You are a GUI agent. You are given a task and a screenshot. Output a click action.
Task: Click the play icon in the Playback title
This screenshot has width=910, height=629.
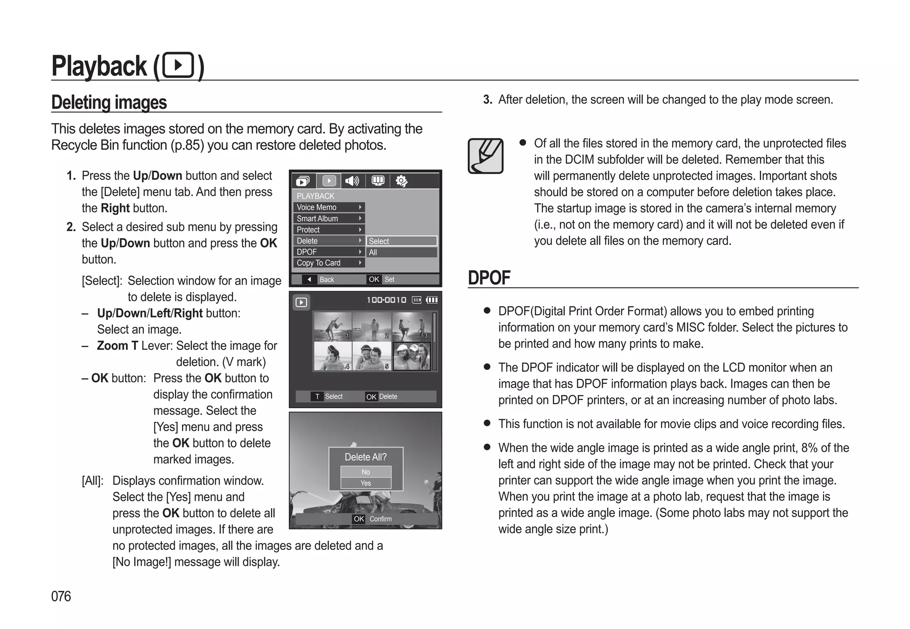coord(178,65)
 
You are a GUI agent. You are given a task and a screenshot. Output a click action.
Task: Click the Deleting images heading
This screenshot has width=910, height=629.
coord(109,102)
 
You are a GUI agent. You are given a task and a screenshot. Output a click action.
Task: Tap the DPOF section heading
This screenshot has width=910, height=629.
coord(489,278)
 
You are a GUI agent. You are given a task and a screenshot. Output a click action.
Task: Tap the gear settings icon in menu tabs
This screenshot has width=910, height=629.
coord(401,181)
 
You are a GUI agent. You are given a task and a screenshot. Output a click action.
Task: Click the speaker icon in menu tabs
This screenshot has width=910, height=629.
coord(352,181)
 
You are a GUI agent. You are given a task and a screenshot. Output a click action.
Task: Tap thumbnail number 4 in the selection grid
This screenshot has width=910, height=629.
coord(332,356)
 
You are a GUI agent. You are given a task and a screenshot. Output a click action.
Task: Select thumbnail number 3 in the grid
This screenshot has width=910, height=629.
coord(411,327)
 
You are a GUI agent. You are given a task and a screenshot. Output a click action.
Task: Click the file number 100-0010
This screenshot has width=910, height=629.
coord(386,300)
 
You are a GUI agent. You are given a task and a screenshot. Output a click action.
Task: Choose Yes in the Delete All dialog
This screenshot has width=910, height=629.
coord(366,483)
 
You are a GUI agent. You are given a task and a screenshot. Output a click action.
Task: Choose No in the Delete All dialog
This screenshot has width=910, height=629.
coord(366,472)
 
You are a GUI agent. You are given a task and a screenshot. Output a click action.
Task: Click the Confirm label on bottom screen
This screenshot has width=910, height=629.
coord(380,519)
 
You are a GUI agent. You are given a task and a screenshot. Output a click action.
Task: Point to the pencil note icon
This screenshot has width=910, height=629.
coord(485,156)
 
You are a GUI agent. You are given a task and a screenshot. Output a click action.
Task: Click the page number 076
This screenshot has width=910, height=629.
coord(61,596)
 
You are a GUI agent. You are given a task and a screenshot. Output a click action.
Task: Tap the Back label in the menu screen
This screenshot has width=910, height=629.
coord(327,280)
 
